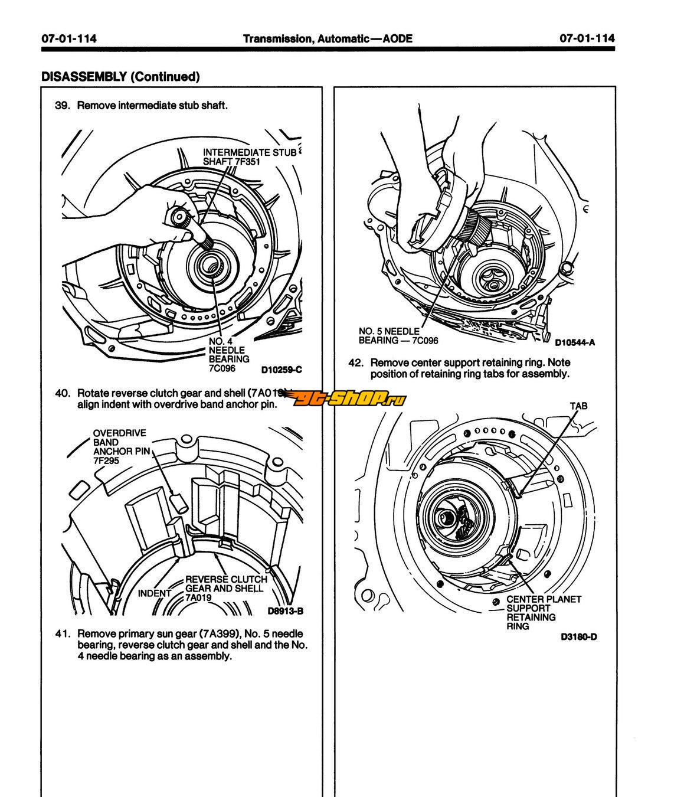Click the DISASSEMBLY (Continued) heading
point(120,76)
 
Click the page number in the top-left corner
point(69,39)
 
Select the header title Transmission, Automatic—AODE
point(328,39)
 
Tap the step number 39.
point(63,106)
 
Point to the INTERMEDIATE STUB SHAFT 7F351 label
point(249,157)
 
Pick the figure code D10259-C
point(282,370)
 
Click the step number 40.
point(63,393)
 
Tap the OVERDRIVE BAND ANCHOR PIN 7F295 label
point(122,447)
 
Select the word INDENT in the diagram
point(154,593)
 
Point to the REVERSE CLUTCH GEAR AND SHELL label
point(226,588)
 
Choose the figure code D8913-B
point(285,611)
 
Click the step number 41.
point(63,634)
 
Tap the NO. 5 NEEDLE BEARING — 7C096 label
point(398,336)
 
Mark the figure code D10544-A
point(575,342)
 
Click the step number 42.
point(356,362)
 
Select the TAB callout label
point(578,406)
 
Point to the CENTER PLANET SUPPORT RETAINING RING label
point(543,612)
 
